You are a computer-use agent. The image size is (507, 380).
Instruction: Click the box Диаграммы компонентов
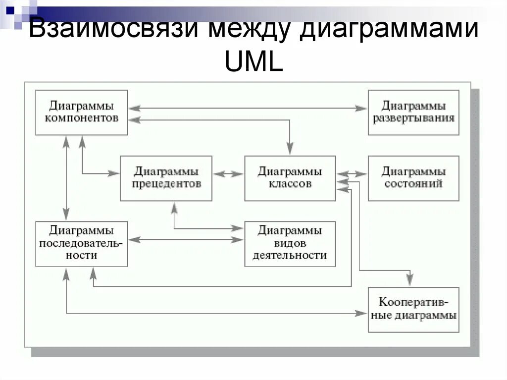(82, 112)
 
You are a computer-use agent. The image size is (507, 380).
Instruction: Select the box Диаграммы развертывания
(413, 112)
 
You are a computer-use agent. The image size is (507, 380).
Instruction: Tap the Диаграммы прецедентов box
(166, 178)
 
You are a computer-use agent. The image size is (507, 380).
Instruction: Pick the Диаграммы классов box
(290, 178)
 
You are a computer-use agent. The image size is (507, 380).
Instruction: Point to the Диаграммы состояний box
(413, 178)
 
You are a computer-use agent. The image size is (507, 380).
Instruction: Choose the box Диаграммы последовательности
(82, 243)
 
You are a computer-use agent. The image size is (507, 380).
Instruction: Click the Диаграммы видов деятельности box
(290, 243)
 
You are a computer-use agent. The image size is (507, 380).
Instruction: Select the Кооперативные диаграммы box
(413, 309)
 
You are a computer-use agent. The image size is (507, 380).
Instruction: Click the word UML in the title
(253, 62)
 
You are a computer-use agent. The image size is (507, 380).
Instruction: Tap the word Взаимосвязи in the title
(112, 31)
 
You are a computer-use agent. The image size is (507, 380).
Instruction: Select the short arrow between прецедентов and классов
(228, 174)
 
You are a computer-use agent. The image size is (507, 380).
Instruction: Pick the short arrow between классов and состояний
(352, 174)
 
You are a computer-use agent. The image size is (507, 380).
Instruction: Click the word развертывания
(413, 118)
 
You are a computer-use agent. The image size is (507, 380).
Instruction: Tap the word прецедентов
(166, 184)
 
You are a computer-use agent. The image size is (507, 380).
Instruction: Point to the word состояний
(413, 184)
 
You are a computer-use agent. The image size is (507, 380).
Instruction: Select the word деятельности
(290, 256)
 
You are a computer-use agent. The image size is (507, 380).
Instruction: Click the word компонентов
(82, 118)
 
